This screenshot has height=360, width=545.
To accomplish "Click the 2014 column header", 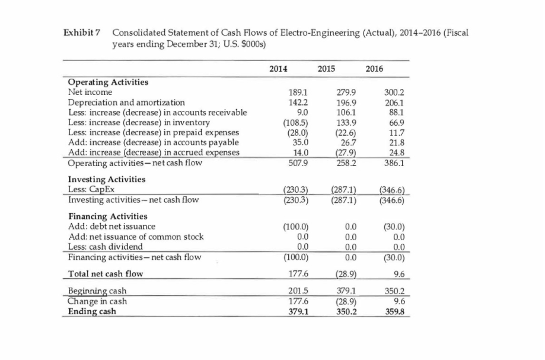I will tap(278, 68).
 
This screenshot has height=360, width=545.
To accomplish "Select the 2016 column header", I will tap(374, 68).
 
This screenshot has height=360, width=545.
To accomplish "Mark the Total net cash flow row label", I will tap(103, 273).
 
